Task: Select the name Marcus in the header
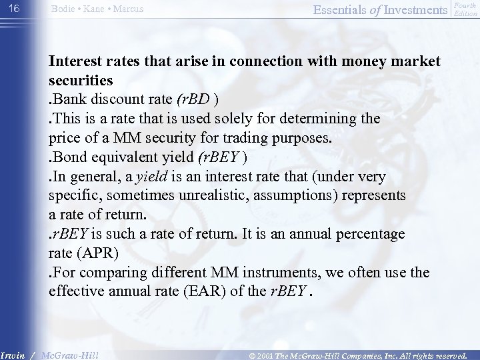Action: coord(129,9)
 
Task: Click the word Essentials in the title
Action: coord(322,9)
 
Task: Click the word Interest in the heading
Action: coord(75,62)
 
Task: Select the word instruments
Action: coord(256,273)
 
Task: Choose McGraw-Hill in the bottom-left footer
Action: coord(69,354)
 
